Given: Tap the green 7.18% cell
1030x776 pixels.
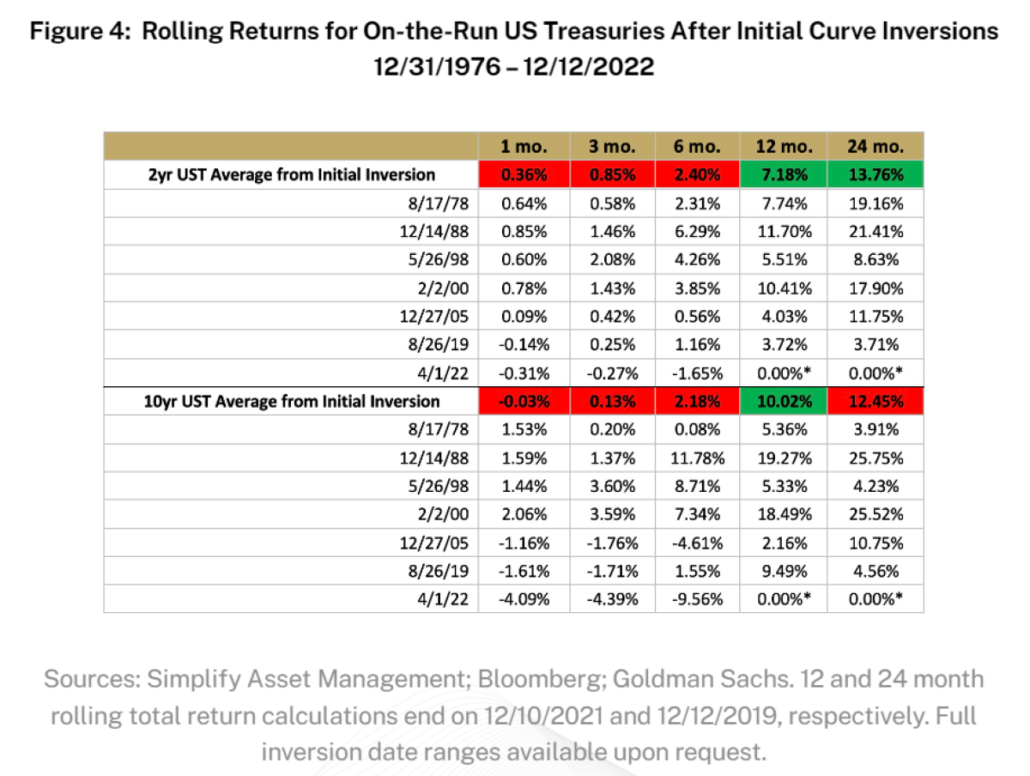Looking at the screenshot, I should (782, 175).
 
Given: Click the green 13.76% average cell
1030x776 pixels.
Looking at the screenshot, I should (875, 175).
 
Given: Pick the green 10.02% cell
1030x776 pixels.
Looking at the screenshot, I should (782, 401).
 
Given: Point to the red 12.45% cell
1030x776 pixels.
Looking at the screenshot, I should (875, 401).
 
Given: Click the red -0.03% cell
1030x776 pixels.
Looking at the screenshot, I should (524, 401).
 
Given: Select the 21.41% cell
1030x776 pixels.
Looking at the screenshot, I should (875, 231).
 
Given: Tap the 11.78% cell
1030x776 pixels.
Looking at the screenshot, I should (697, 458).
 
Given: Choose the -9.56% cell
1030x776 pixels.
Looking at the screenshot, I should (697, 599).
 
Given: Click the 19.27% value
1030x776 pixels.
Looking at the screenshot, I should (782, 458).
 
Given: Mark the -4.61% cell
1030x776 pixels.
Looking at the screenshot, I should (697, 543).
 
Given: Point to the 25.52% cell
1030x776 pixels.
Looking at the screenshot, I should (875, 514).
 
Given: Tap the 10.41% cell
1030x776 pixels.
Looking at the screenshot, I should (782, 288).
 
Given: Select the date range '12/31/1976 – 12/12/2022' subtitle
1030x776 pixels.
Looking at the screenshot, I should (514, 66).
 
